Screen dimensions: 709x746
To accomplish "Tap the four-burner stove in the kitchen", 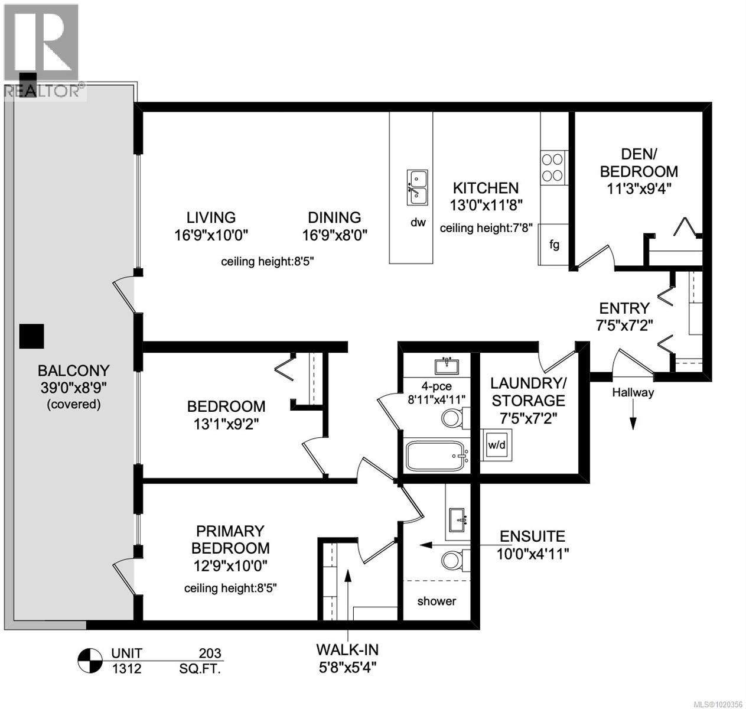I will point(553,167).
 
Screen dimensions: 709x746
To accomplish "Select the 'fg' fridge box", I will point(554,244).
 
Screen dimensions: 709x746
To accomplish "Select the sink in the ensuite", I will point(458,519).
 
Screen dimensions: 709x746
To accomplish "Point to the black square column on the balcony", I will point(31,336).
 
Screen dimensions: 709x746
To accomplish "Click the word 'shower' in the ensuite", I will point(436,601).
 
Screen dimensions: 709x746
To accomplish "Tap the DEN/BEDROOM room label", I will point(639,163).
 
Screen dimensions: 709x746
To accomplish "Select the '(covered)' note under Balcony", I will point(73,404).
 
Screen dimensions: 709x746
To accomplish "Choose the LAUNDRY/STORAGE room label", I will point(528,391).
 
